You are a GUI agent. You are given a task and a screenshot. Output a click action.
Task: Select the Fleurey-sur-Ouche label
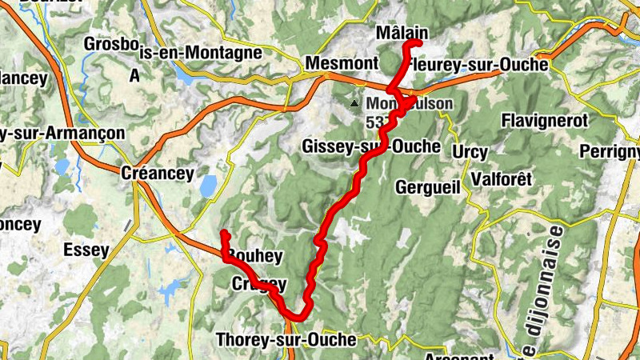click(478, 64)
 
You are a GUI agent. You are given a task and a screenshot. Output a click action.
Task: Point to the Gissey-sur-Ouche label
click(371, 146)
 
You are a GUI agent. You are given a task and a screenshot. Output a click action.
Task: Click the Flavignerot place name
click(544, 121)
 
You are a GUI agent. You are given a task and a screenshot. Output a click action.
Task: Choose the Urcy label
click(470, 151)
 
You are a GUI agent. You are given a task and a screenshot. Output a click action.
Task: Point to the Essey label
click(86, 250)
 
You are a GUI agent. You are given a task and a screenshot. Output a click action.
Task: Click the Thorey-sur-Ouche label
click(286, 340)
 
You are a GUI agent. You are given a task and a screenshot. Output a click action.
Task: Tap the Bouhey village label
click(255, 256)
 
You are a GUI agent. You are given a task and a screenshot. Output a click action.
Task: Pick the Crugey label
click(258, 284)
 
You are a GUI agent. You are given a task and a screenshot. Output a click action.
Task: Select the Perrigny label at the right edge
click(611, 151)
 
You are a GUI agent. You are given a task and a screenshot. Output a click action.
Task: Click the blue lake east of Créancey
click(207, 186)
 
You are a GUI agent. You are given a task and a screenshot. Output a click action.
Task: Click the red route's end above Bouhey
click(225, 233)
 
